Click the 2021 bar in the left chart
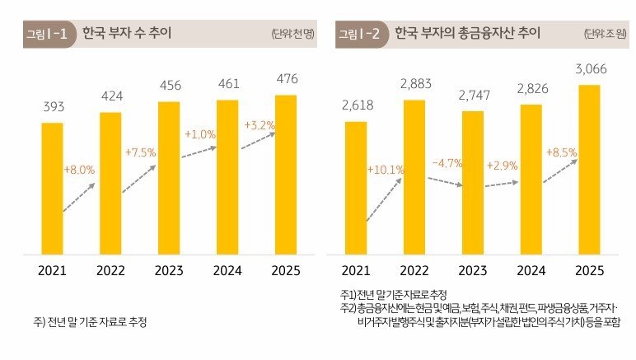(52, 188)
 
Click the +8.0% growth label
(79, 170)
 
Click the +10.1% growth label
(385, 170)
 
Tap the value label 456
(169, 87)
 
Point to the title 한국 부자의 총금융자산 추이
(466, 35)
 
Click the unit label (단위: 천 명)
(293, 35)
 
